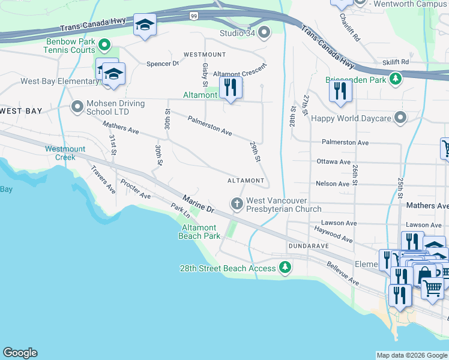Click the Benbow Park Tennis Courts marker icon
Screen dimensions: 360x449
(104, 45)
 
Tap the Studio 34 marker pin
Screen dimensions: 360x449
(263, 32)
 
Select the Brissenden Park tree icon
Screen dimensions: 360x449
(395, 79)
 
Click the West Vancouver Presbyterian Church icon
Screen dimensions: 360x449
(237, 205)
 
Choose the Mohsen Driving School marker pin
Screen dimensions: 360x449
(77, 107)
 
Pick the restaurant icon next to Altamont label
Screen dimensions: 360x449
(230, 88)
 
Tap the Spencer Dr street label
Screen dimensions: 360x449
(163, 63)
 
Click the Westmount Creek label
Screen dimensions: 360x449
(65, 153)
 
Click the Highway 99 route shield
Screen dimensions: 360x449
(193, 15)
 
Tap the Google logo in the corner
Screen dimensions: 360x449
(20, 353)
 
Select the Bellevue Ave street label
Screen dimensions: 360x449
(343, 273)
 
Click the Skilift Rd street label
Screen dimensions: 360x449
(395, 62)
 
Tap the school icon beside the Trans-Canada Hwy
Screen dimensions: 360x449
(144, 25)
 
